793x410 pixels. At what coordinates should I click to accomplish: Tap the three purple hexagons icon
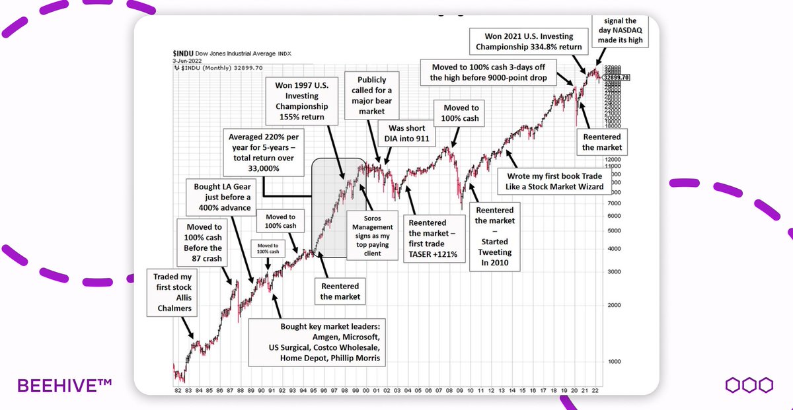[749, 385]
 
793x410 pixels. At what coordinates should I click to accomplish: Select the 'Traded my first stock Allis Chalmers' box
[172, 292]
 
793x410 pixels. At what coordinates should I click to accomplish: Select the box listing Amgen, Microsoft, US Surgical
[318, 341]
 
